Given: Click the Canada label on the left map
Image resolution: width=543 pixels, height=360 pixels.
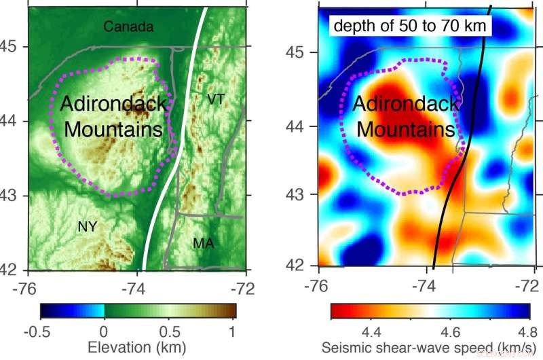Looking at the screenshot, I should click(x=129, y=27).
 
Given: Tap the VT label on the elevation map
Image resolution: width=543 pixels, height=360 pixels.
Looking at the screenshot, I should click(x=216, y=100).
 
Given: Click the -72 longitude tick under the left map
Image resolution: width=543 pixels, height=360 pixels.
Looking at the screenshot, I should click(x=242, y=287).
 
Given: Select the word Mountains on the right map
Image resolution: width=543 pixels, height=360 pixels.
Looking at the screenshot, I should click(x=405, y=129).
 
